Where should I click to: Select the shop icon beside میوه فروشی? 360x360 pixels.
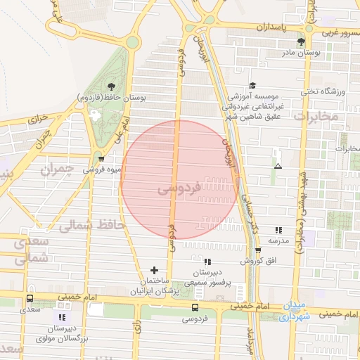(101, 158)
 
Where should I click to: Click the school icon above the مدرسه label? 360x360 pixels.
(278, 229)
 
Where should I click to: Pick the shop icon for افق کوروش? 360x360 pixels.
(257, 250)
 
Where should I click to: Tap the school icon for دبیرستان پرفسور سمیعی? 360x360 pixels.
(207, 262)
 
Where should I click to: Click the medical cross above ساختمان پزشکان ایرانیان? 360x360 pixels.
(154, 269)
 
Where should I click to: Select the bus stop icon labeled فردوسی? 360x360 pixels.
(195, 307)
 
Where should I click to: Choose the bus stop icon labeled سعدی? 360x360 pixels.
(29, 298)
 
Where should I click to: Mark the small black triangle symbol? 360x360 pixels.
(278, 167)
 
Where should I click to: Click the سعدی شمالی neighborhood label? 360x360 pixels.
(31, 249)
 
